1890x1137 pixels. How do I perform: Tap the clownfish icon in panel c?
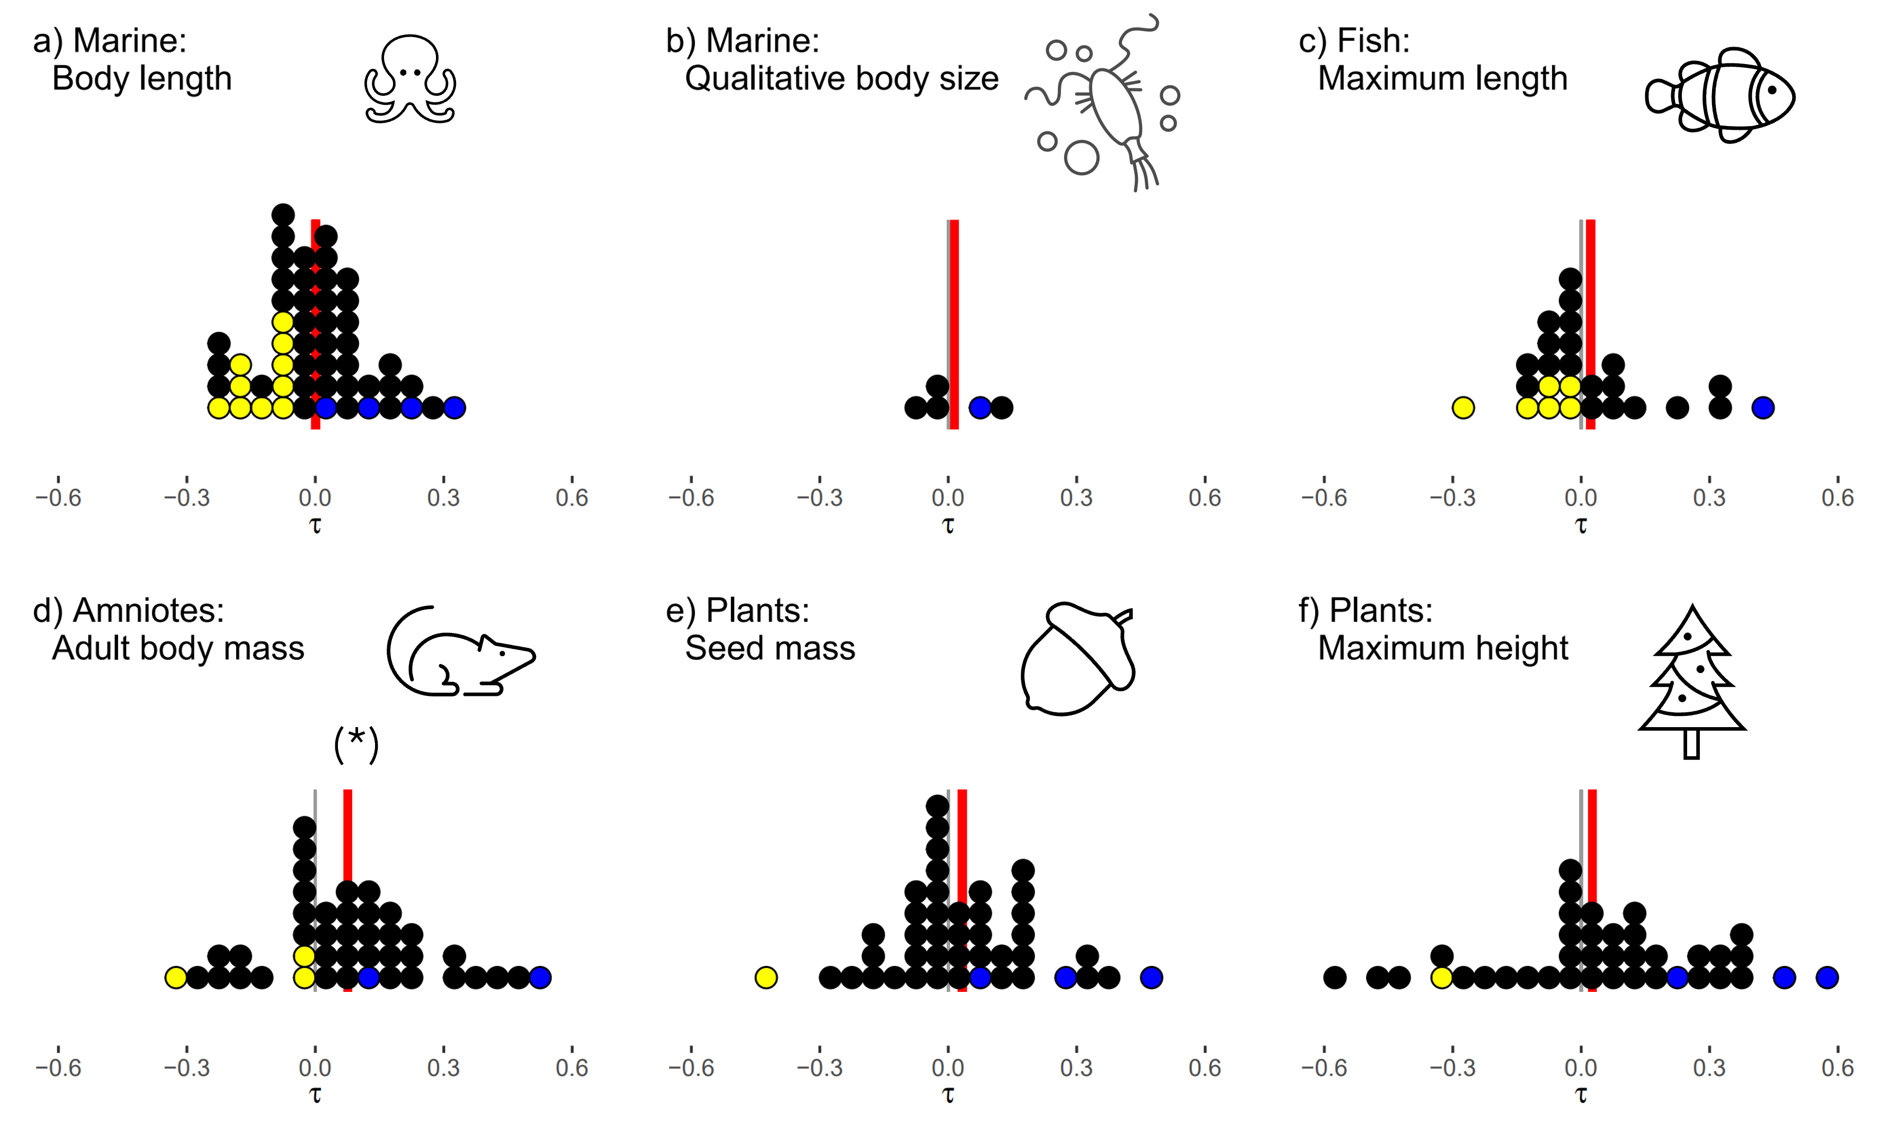(x=1720, y=96)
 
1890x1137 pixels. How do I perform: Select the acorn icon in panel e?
(x=1076, y=659)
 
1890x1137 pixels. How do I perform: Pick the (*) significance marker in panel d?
(x=356, y=745)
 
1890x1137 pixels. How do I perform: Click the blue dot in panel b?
(x=980, y=408)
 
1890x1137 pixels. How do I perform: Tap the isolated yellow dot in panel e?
(x=766, y=978)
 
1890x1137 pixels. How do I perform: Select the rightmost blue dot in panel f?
(x=1827, y=978)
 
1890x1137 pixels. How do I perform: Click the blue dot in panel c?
(x=1763, y=408)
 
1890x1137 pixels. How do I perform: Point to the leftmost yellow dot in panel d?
(x=176, y=978)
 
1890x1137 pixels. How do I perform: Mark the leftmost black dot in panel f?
(x=1334, y=978)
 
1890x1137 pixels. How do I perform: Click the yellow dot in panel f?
(x=1442, y=978)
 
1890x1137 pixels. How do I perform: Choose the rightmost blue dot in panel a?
(x=454, y=408)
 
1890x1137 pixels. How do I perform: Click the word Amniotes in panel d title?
(x=148, y=611)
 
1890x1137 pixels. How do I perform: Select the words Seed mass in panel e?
(x=770, y=648)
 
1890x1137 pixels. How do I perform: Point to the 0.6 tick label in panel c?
(x=1837, y=498)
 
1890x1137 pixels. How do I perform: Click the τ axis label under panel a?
(x=315, y=525)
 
